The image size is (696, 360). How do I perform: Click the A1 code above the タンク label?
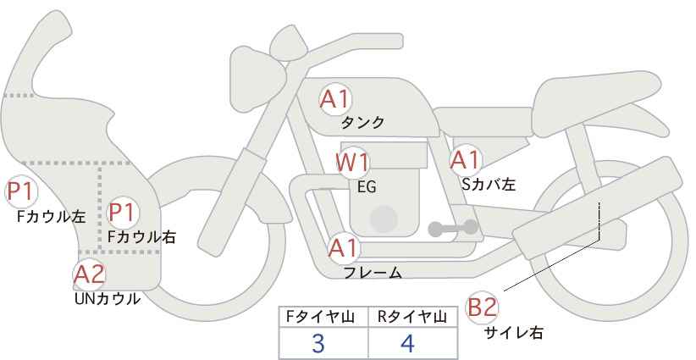335,99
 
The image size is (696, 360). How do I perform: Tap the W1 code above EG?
352,163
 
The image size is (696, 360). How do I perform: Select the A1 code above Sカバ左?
465,160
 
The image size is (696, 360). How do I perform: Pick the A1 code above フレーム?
343,248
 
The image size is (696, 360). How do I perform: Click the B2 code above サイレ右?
482,307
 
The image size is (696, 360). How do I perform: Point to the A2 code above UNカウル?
89,274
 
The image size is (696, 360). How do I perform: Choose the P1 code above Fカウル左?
20,191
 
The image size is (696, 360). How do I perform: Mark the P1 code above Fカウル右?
122,212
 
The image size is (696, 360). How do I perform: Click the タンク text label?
362,123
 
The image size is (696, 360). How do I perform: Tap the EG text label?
367,187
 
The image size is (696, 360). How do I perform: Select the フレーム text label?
373,273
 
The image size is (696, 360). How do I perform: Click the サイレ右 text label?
514,333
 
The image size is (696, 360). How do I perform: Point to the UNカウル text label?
107,299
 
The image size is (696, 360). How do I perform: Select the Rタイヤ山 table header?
412,317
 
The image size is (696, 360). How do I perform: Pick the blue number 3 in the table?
318,343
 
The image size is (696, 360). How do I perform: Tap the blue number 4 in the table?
407,343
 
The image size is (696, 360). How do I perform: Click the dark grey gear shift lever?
453,228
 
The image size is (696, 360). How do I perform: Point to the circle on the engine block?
384,219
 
